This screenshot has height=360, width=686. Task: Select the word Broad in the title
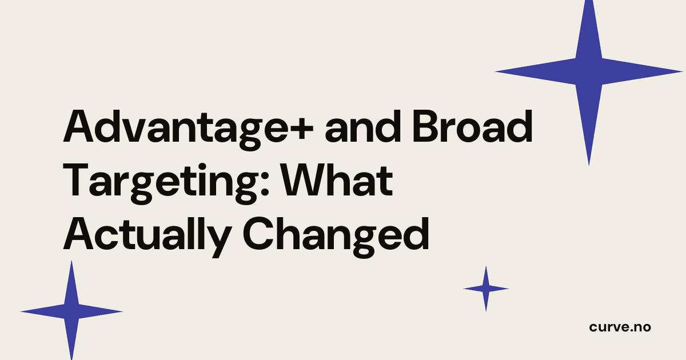[473, 127]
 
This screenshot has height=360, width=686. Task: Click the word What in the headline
[337, 181]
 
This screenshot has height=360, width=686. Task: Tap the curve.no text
[620, 327]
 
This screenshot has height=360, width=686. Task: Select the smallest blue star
[486, 289]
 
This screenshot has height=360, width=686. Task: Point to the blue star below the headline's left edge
[71, 311]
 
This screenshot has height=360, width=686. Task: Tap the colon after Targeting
[265, 185]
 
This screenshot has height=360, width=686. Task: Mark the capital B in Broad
[427, 127]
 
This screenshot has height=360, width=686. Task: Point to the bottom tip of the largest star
[589, 166]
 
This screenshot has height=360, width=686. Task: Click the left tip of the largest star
[494, 71]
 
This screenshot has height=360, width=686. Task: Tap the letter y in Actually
[218, 242]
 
